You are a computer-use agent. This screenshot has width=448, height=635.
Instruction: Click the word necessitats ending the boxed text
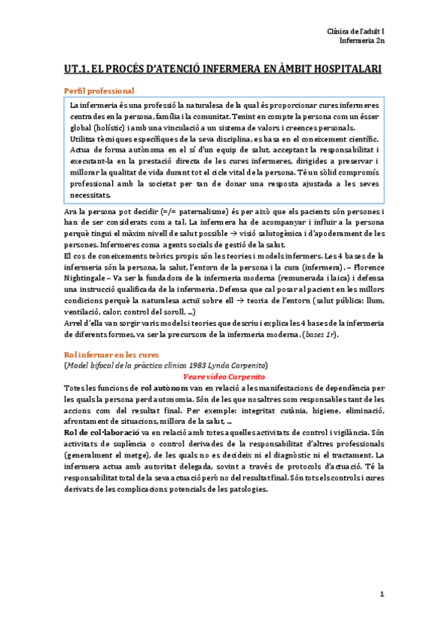point(93,195)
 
